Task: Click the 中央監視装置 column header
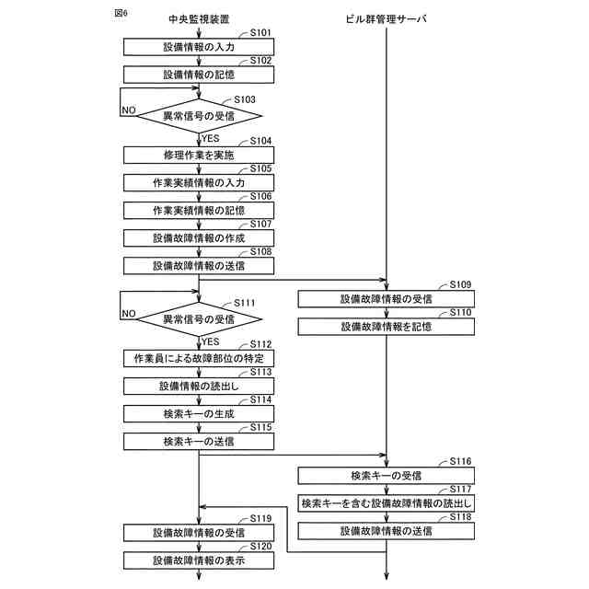click(x=199, y=18)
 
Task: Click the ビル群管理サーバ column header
click(x=387, y=18)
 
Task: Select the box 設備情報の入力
click(x=199, y=46)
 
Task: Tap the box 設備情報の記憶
click(x=199, y=74)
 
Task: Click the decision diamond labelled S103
click(x=199, y=116)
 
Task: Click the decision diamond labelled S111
click(x=199, y=319)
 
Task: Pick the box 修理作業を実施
click(x=199, y=156)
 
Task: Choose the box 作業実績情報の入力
click(x=199, y=184)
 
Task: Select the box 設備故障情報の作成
click(x=199, y=238)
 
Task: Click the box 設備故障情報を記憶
click(x=387, y=326)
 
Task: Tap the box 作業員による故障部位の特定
click(x=199, y=358)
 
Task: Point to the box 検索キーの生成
click(x=199, y=414)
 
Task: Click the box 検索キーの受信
click(x=387, y=476)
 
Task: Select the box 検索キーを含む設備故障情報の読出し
click(x=387, y=503)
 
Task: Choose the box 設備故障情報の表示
click(x=199, y=560)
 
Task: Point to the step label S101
click(x=260, y=32)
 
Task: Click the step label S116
click(x=460, y=460)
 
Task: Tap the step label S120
click(x=260, y=546)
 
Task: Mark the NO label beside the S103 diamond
click(x=129, y=110)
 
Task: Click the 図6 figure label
click(x=120, y=14)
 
